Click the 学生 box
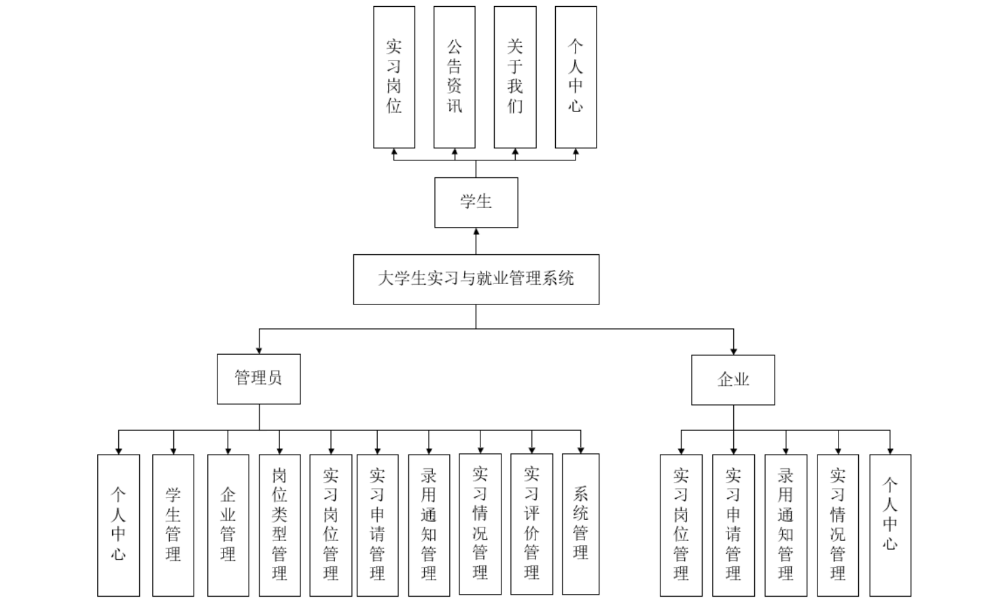476,203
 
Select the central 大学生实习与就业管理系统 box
476,279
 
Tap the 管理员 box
258,379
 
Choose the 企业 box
733,380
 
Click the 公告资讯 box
454,77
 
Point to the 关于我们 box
514,77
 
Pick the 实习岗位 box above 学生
394,77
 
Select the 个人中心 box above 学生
576,77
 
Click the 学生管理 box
173,525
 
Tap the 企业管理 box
228,525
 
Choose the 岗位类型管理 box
279,525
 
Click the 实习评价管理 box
531,524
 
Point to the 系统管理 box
580,524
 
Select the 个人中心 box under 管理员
118,525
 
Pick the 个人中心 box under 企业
890,525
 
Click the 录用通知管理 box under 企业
786,525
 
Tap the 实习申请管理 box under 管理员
377,525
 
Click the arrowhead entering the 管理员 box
258,350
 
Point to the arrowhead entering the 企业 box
733,351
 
